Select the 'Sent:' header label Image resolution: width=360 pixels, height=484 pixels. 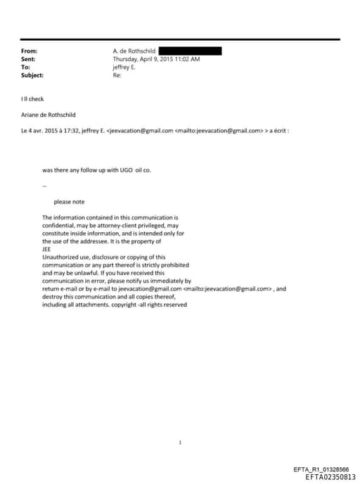[29, 59]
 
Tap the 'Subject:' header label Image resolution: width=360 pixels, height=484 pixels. [32, 75]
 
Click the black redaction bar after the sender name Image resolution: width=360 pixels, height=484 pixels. [190, 51]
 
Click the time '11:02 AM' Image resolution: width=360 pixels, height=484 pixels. [186, 59]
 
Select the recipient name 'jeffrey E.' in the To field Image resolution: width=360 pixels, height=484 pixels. [124, 67]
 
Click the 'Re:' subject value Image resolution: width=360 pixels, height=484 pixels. [117, 75]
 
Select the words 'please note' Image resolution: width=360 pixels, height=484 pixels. [69, 202]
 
